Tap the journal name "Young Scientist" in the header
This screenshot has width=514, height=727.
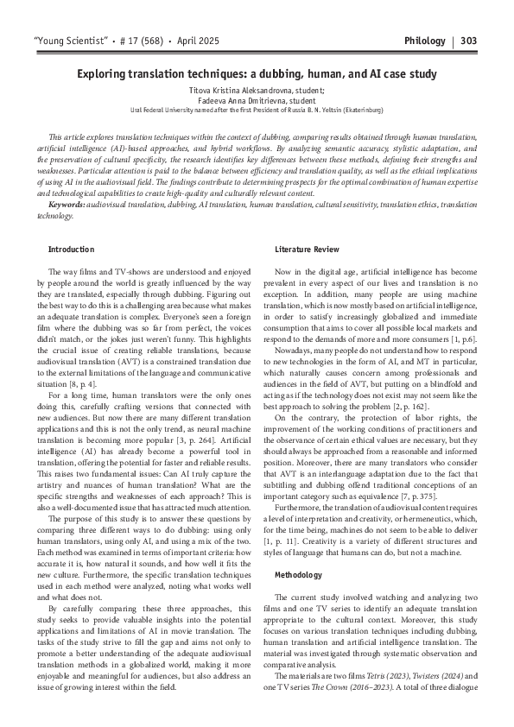pos(67,41)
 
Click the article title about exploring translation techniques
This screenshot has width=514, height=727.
pos(257,76)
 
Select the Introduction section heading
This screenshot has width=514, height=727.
pos(72,250)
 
